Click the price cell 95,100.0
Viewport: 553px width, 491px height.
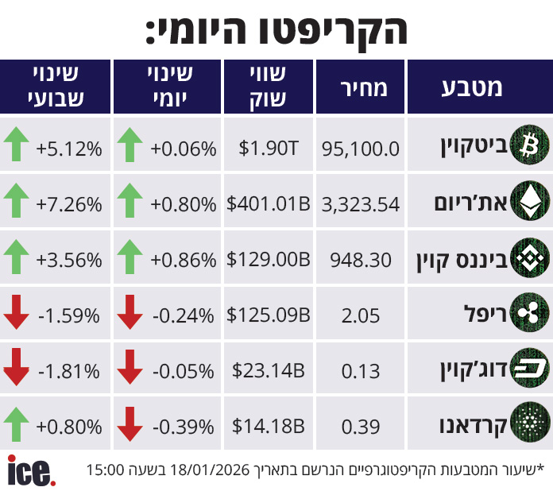click(361, 148)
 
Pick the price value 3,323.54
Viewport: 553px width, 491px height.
click(361, 204)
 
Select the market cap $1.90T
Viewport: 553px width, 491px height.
click(269, 148)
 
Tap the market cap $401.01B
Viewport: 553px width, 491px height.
click(269, 204)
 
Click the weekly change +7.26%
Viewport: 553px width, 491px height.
click(69, 204)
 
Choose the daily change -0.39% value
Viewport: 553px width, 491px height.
click(184, 426)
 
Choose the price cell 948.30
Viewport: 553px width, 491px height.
click(361, 259)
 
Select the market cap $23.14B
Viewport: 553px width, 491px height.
click(269, 370)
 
